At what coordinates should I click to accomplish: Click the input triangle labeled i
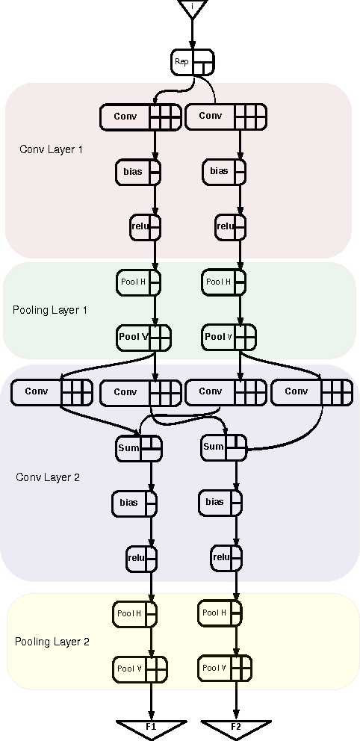tap(192, 8)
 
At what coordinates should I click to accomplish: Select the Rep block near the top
tap(192, 62)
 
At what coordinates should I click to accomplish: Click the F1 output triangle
tap(151, 728)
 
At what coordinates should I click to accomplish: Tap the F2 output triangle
tap(236, 728)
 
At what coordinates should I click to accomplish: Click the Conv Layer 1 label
tap(51, 149)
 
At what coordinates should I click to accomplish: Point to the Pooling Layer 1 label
tap(50, 309)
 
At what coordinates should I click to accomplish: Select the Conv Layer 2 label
tap(48, 477)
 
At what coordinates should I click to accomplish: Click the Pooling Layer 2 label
tap(52, 642)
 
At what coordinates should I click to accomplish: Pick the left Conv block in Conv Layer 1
tap(140, 117)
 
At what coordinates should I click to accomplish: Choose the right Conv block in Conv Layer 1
tap(226, 117)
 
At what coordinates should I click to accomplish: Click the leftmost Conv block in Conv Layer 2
tap(52, 391)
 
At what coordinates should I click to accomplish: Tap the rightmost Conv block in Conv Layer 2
tap(311, 391)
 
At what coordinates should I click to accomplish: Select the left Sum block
tap(139, 448)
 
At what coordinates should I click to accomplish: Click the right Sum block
tap(224, 447)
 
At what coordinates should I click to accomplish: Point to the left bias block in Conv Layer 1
tap(138, 172)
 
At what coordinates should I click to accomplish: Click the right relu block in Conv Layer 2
tap(226, 556)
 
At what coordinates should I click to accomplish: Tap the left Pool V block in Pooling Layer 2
tap(140, 669)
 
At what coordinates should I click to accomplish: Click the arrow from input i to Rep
tap(192, 34)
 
